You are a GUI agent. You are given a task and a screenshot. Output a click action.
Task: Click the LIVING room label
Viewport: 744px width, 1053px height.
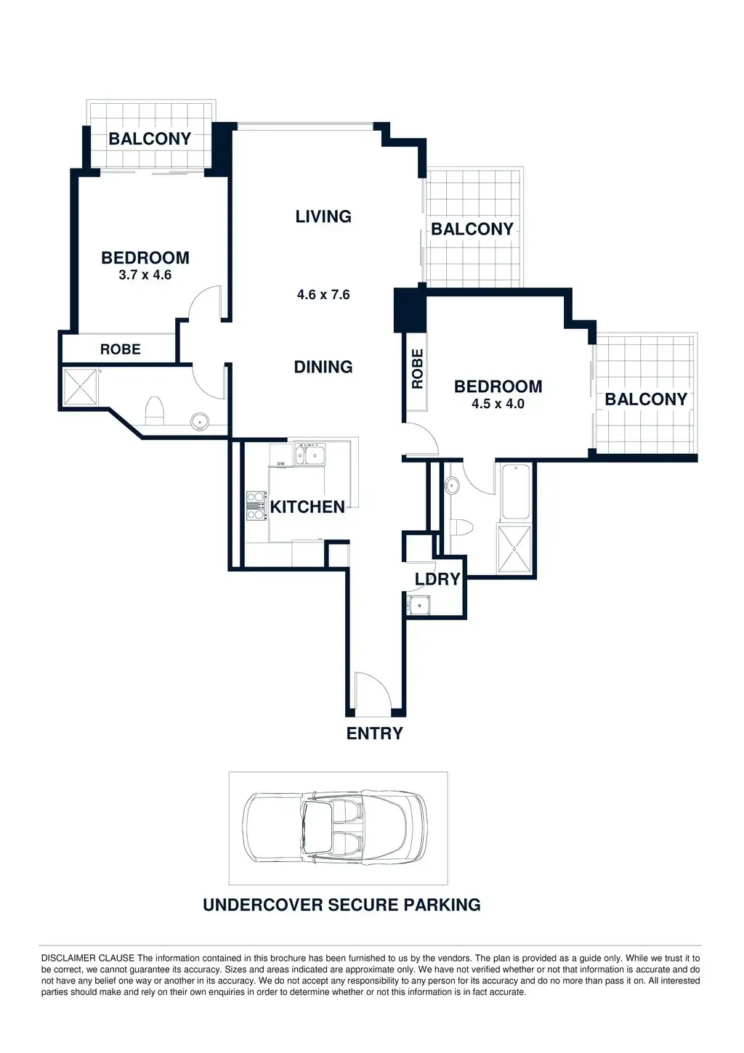click(x=323, y=216)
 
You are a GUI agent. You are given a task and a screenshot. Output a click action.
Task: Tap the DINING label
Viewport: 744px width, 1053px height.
click(x=323, y=367)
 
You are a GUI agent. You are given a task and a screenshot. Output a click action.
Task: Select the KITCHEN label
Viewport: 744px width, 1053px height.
click(x=307, y=507)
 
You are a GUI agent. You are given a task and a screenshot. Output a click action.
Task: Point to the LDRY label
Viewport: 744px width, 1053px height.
click(x=437, y=579)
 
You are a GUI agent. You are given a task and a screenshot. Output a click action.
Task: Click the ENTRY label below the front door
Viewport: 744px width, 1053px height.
click(x=374, y=733)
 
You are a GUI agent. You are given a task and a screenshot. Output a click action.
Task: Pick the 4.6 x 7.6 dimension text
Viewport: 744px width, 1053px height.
click(x=323, y=295)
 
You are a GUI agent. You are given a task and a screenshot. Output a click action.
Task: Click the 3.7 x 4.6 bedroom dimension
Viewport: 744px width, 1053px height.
click(x=145, y=275)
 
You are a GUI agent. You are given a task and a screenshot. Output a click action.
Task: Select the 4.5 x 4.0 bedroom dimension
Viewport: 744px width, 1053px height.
click(x=498, y=404)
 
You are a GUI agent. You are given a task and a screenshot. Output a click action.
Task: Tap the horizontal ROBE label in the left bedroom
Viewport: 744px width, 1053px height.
click(x=121, y=349)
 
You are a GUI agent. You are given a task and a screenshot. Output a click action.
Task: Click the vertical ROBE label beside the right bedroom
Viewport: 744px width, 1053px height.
click(x=418, y=369)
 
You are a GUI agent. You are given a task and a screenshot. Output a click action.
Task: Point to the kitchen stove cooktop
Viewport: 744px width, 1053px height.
click(x=256, y=506)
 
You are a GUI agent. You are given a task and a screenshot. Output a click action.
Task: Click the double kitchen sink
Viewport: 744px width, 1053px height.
click(x=310, y=455)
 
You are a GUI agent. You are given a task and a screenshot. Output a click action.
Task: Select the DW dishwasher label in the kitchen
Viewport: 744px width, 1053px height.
click(x=280, y=463)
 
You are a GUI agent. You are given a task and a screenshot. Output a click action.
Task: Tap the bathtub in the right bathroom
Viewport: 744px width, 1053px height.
click(x=515, y=492)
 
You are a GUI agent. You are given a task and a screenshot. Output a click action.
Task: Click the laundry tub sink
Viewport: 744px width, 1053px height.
click(x=418, y=604)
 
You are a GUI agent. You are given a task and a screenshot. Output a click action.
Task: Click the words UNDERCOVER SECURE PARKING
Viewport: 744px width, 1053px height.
click(x=341, y=905)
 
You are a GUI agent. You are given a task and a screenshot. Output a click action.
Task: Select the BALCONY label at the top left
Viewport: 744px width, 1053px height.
click(x=150, y=139)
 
